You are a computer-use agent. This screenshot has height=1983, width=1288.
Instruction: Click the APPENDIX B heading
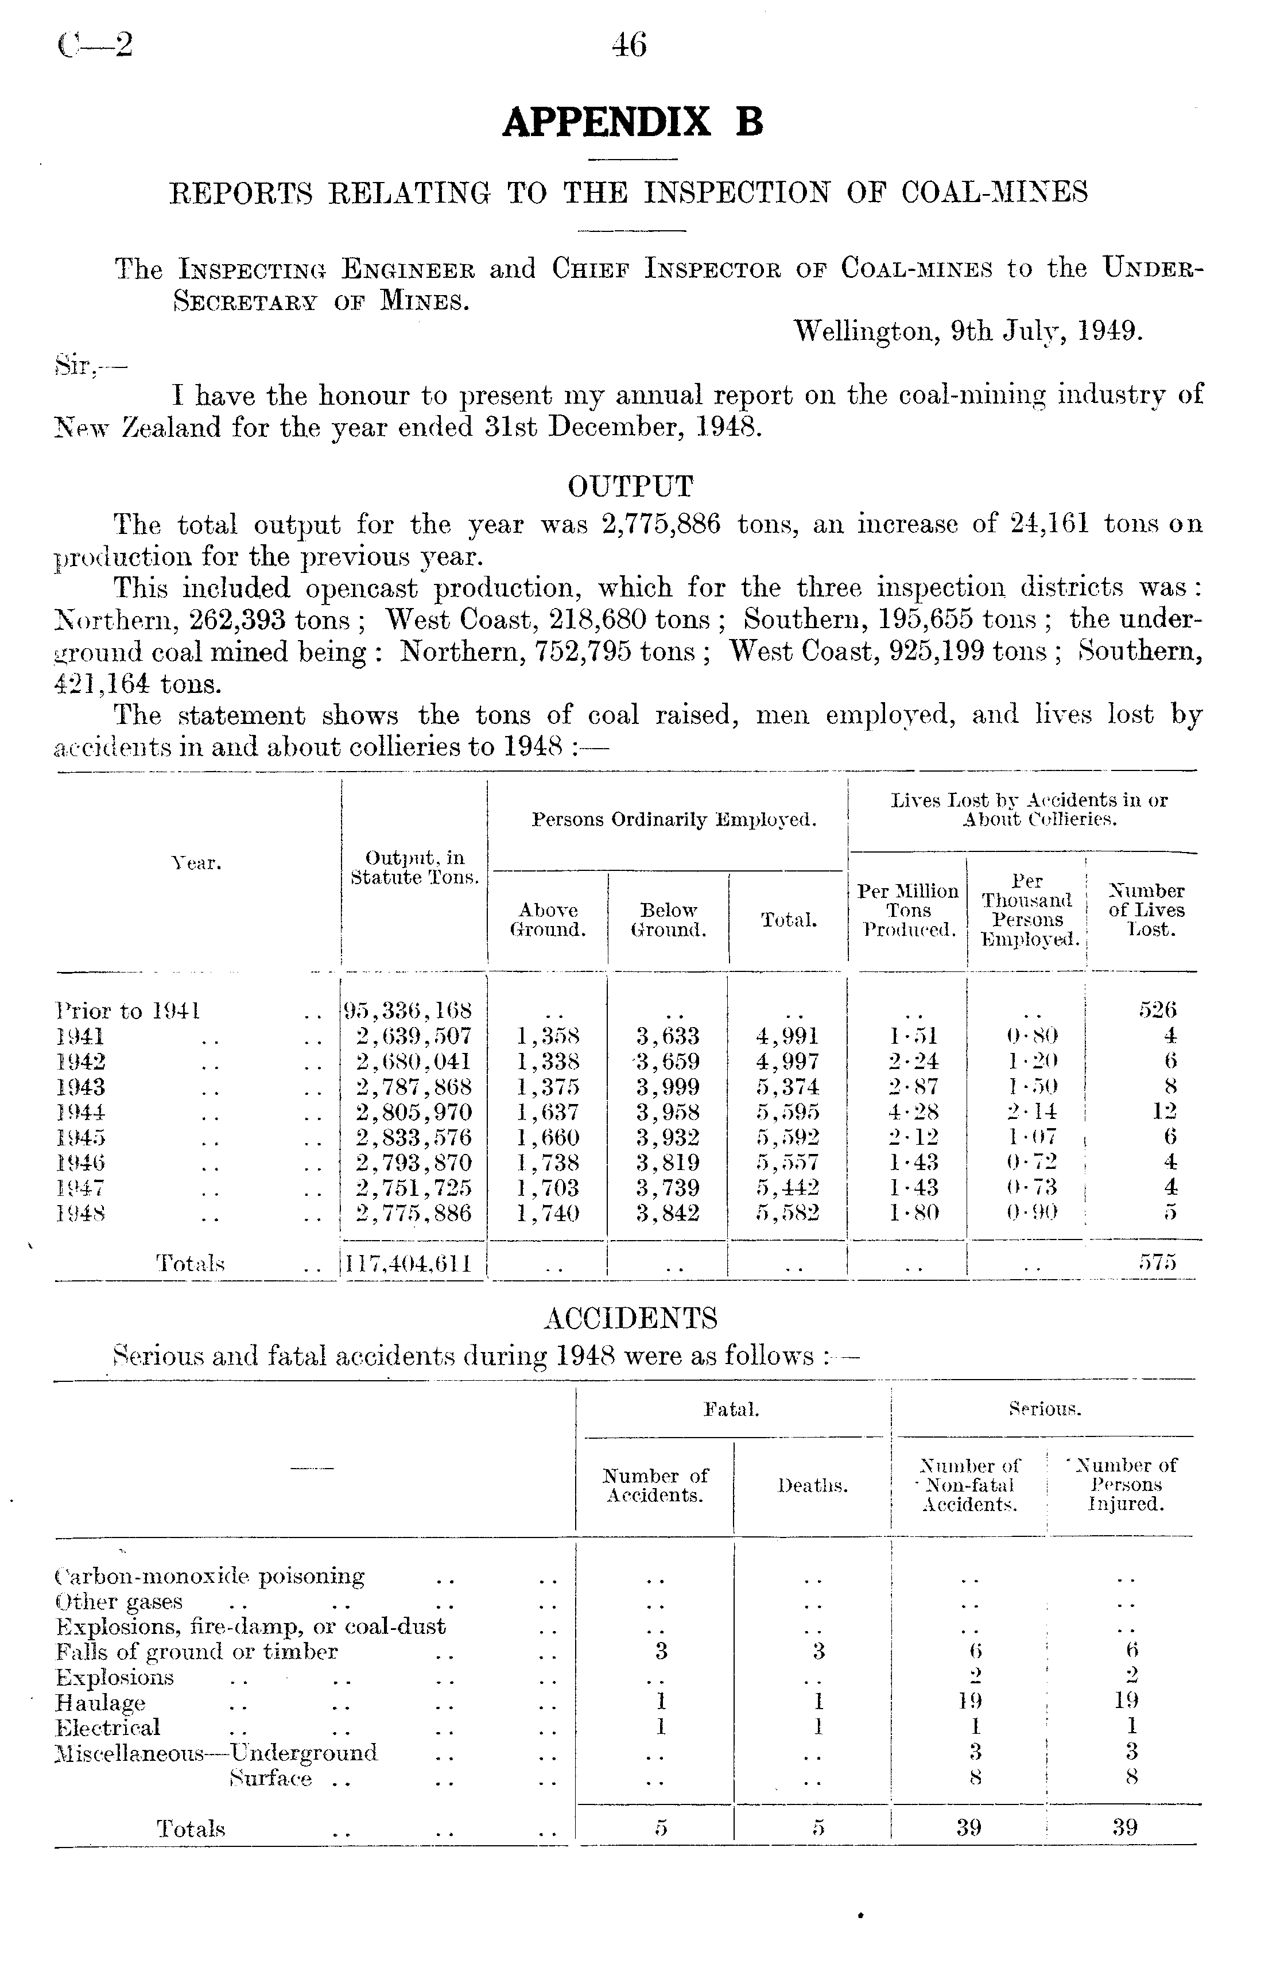[x=633, y=122]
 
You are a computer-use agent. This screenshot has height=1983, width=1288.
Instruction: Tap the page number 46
[x=629, y=45]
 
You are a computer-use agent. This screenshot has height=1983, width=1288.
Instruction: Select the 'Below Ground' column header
[x=668, y=920]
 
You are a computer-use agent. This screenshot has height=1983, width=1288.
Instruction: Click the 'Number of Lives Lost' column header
[x=1146, y=910]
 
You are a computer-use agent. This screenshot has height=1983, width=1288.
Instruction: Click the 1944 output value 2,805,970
[x=414, y=1112]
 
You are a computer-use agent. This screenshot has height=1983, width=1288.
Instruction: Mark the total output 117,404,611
[x=408, y=1264]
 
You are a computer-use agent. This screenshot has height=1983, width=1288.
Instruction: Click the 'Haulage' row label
[x=100, y=1702]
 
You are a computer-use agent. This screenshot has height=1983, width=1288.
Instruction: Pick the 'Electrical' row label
[x=107, y=1727]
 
